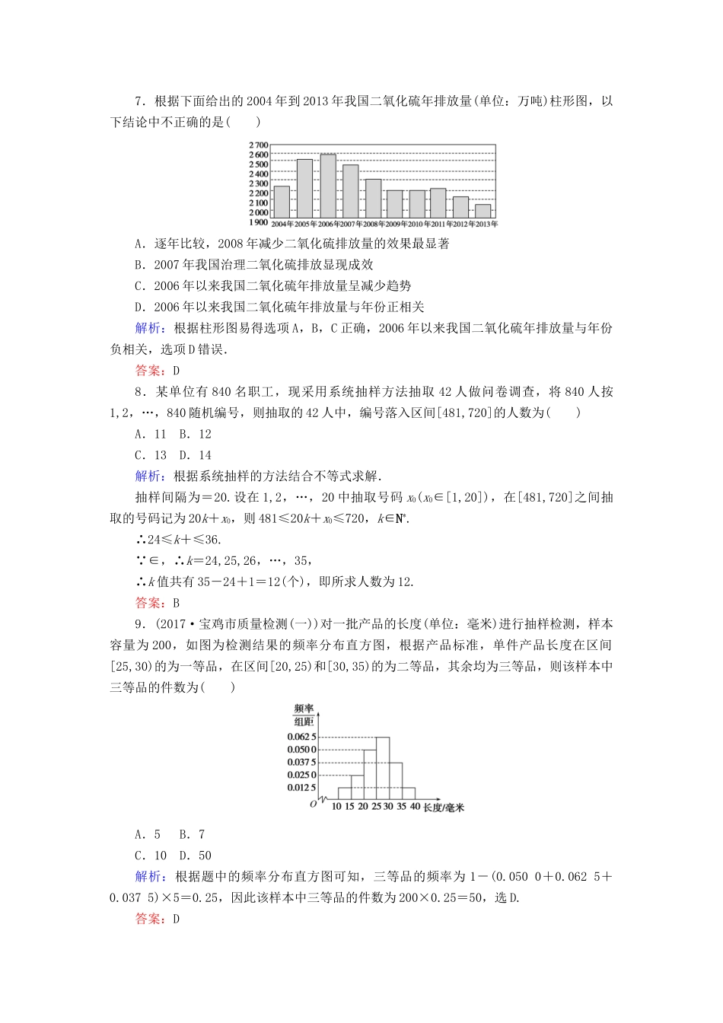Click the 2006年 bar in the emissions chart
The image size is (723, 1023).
point(328,186)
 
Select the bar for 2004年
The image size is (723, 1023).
point(282,202)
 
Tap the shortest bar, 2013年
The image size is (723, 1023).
point(483,211)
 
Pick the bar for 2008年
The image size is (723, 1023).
point(373,199)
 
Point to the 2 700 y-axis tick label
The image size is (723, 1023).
point(259,145)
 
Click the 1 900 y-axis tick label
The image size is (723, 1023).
point(259,222)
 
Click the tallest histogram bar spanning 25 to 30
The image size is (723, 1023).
point(383,768)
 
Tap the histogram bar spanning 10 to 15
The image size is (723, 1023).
point(344,793)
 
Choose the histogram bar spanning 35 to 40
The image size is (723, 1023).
point(409,793)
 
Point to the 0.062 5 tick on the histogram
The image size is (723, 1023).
point(301,737)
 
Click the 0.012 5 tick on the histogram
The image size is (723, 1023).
point(301,788)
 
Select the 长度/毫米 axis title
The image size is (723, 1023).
point(444,808)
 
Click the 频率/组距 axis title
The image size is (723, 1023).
point(304,715)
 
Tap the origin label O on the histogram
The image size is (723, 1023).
point(313,804)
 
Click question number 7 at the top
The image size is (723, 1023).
point(139,101)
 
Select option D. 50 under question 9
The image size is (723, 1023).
point(195,856)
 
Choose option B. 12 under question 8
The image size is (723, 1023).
point(195,434)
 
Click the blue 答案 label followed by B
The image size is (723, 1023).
point(149,603)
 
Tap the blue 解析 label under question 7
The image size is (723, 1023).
point(149,328)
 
